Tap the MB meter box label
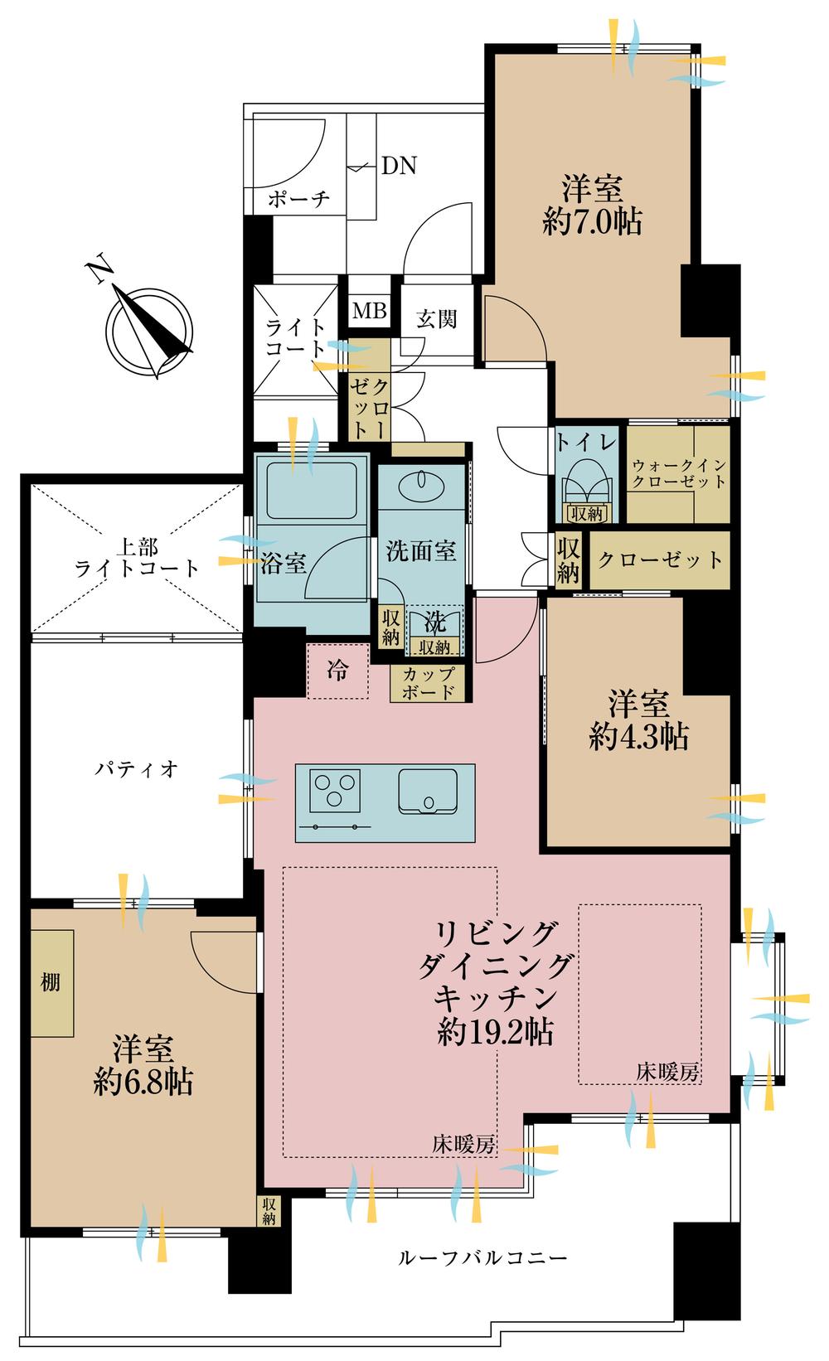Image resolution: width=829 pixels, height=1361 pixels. (370, 311)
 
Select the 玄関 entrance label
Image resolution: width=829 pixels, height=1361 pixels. (436, 319)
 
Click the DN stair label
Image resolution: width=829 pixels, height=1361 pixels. (399, 166)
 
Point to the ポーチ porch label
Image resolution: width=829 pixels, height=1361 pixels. (298, 198)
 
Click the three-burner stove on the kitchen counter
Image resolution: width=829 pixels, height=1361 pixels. (334, 791)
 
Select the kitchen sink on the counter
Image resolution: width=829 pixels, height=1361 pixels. (428, 791)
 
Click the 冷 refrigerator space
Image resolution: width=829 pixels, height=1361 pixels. (338, 671)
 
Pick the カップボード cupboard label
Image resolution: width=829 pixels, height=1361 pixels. (428, 682)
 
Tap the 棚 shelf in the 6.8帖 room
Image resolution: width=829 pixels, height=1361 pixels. (52, 983)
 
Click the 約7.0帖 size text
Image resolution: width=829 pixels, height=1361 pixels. (592, 221)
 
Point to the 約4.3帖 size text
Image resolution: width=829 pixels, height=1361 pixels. (638, 738)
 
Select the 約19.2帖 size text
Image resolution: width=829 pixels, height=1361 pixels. (496, 1032)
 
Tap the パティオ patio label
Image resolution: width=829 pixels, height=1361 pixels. (136, 769)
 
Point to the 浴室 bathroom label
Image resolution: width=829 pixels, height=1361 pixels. (284, 564)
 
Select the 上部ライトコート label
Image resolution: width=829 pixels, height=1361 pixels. (137, 559)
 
